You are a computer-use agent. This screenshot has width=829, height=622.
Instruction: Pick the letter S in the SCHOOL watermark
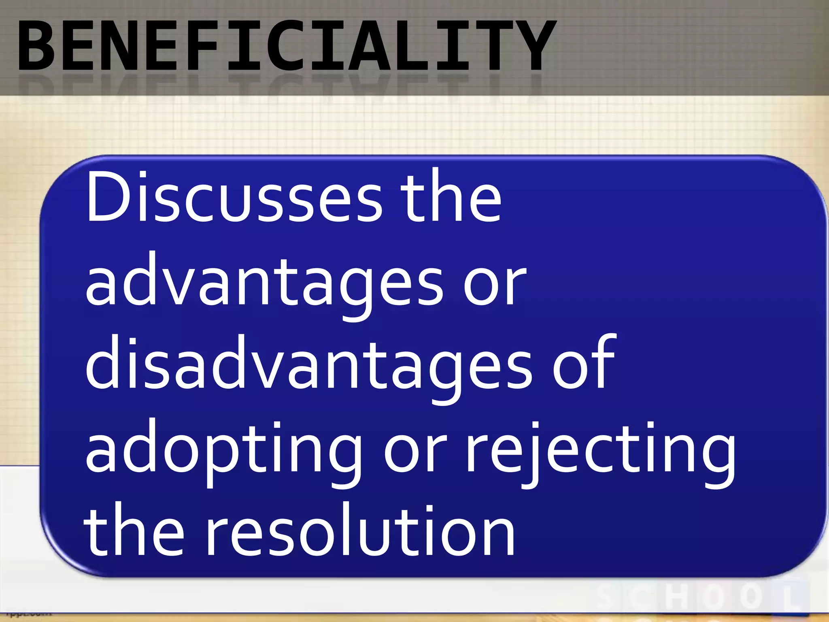point(607,598)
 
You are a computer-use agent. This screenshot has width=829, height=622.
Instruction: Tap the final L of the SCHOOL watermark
point(793,598)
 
